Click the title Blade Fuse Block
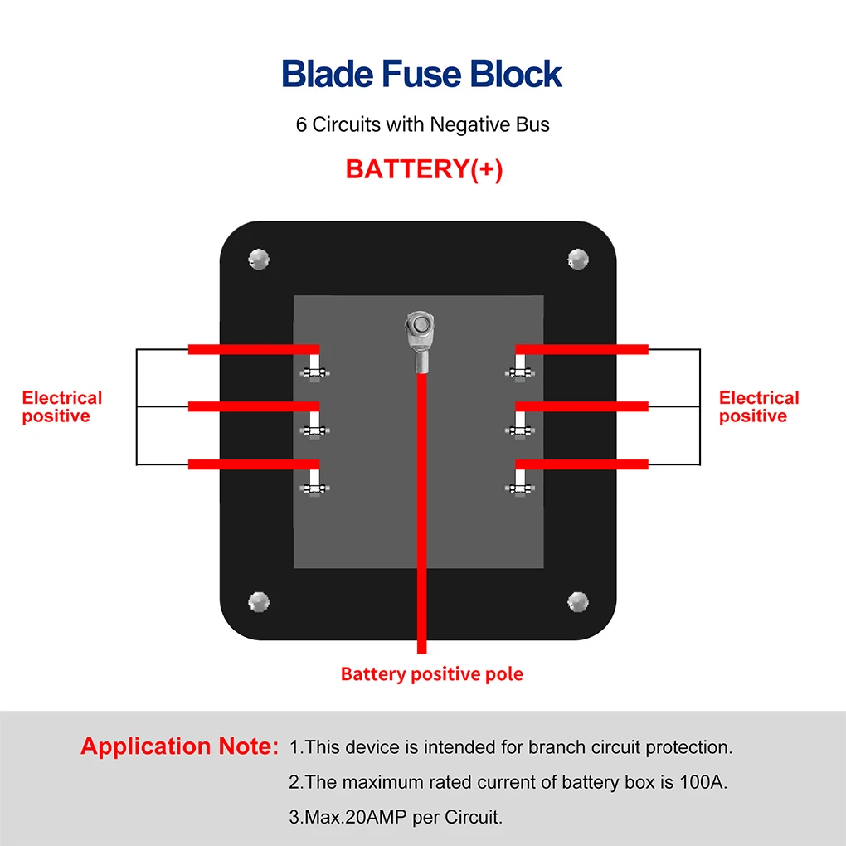(421, 74)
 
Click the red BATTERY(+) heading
(424, 168)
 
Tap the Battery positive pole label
(431, 673)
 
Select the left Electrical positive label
(62, 406)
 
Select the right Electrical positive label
(759, 406)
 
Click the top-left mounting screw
(260, 259)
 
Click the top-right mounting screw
(578, 259)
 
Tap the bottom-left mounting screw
(260, 601)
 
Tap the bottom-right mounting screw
(578, 601)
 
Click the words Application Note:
(179, 746)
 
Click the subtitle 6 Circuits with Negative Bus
(422, 124)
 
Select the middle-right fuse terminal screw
(519, 431)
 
